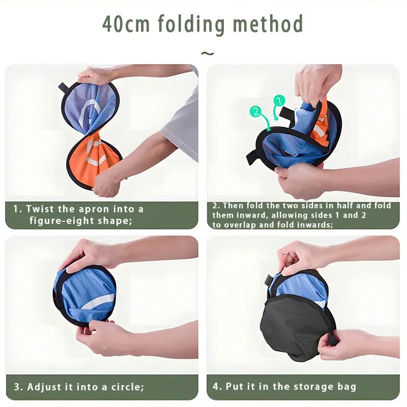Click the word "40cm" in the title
click(126, 23)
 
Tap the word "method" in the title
click(268, 23)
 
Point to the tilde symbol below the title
click(208, 53)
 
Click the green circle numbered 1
click(279, 101)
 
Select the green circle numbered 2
click(256, 111)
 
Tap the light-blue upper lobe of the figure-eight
click(90, 106)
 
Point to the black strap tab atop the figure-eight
click(63, 88)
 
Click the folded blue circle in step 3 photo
click(84, 296)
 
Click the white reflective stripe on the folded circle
click(97, 302)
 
